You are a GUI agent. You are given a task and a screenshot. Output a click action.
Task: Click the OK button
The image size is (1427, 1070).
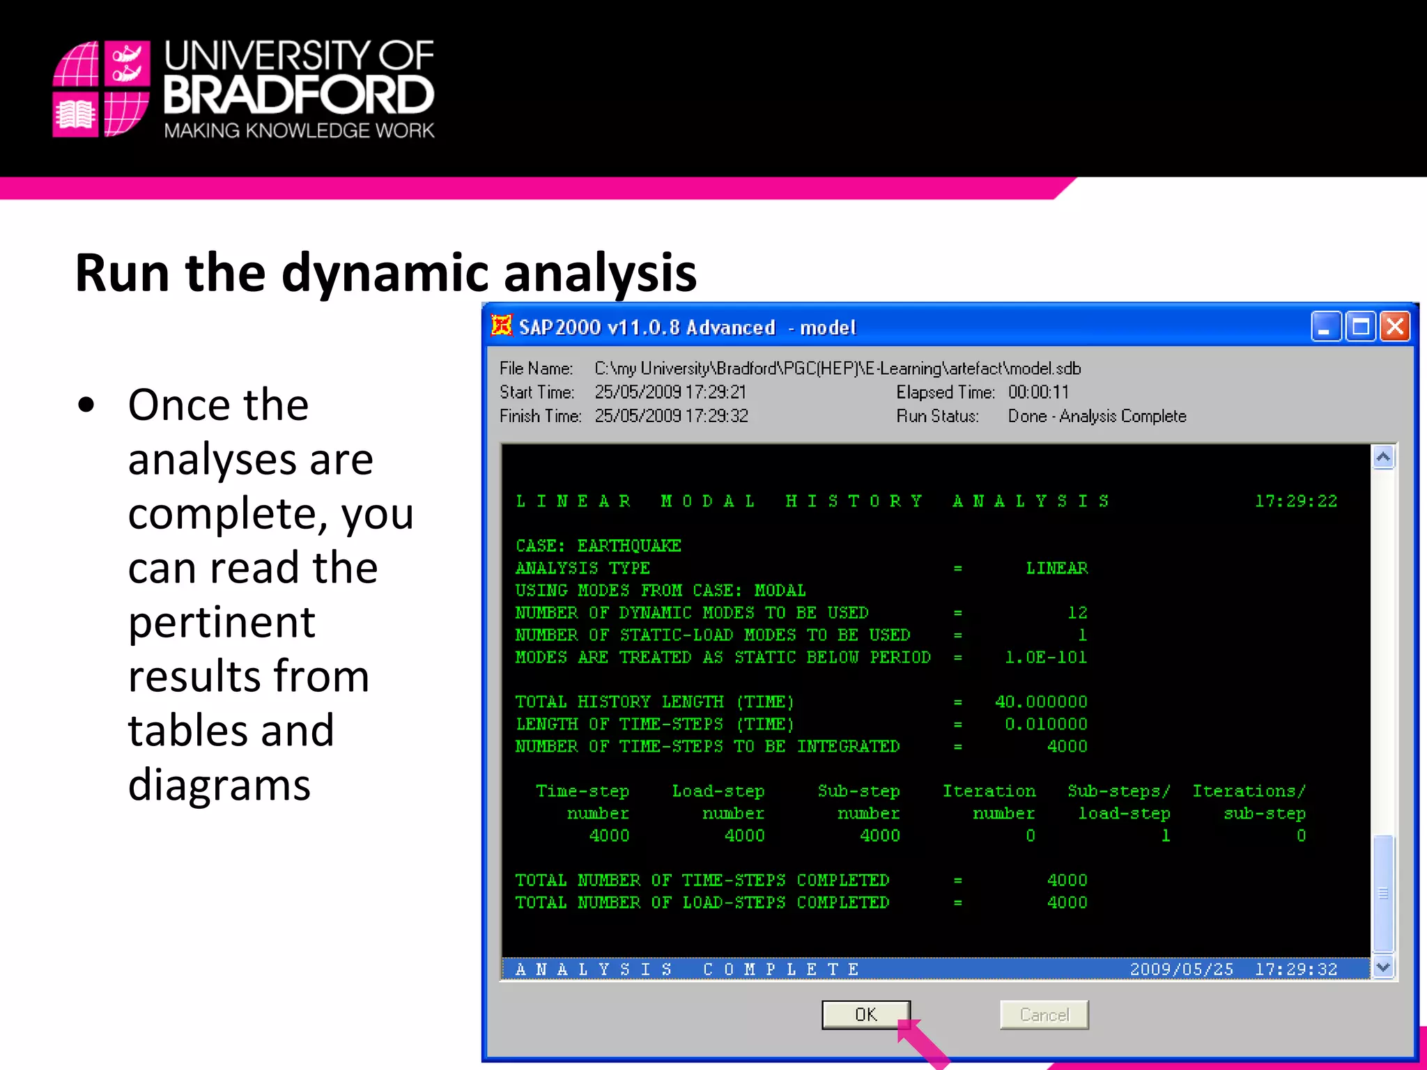point(865,1014)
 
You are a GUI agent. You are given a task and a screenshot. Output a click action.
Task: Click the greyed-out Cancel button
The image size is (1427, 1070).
point(1044,1014)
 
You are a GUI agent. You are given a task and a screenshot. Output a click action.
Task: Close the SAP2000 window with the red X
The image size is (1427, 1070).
point(1395,326)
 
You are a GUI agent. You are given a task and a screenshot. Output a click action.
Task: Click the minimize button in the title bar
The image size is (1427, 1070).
point(1325,326)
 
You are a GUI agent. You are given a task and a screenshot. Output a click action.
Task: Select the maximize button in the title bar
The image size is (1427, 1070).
point(1360,326)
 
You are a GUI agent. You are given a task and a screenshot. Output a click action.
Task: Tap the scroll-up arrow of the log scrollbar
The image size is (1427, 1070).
point(1383,457)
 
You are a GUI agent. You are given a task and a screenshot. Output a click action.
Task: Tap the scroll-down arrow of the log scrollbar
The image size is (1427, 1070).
point(1383,967)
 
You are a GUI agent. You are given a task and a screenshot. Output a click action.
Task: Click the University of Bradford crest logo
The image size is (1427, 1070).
point(102,89)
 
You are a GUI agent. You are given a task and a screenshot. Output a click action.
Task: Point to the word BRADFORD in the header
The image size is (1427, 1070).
point(299,95)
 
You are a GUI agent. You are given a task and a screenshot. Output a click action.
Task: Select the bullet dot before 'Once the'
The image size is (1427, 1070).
point(86,405)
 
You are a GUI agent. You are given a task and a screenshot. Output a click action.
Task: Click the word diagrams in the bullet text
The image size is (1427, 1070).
point(219,784)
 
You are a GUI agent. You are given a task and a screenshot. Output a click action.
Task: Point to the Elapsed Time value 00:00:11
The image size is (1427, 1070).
point(1038,392)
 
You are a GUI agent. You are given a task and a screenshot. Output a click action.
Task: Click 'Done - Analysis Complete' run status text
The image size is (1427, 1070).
point(1097,416)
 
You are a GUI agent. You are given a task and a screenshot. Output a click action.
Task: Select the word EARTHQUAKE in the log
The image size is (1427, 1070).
point(629,545)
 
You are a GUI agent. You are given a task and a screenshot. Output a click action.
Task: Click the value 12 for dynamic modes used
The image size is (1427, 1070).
point(1077,612)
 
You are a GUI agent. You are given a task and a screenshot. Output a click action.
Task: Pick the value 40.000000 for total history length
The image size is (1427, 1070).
point(1041,701)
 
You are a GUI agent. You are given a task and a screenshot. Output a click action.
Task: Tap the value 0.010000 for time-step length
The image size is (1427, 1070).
point(1046,724)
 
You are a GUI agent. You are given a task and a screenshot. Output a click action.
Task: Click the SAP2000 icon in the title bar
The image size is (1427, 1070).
point(501,325)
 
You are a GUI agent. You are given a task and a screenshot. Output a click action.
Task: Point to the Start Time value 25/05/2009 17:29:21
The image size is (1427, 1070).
point(670,392)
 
